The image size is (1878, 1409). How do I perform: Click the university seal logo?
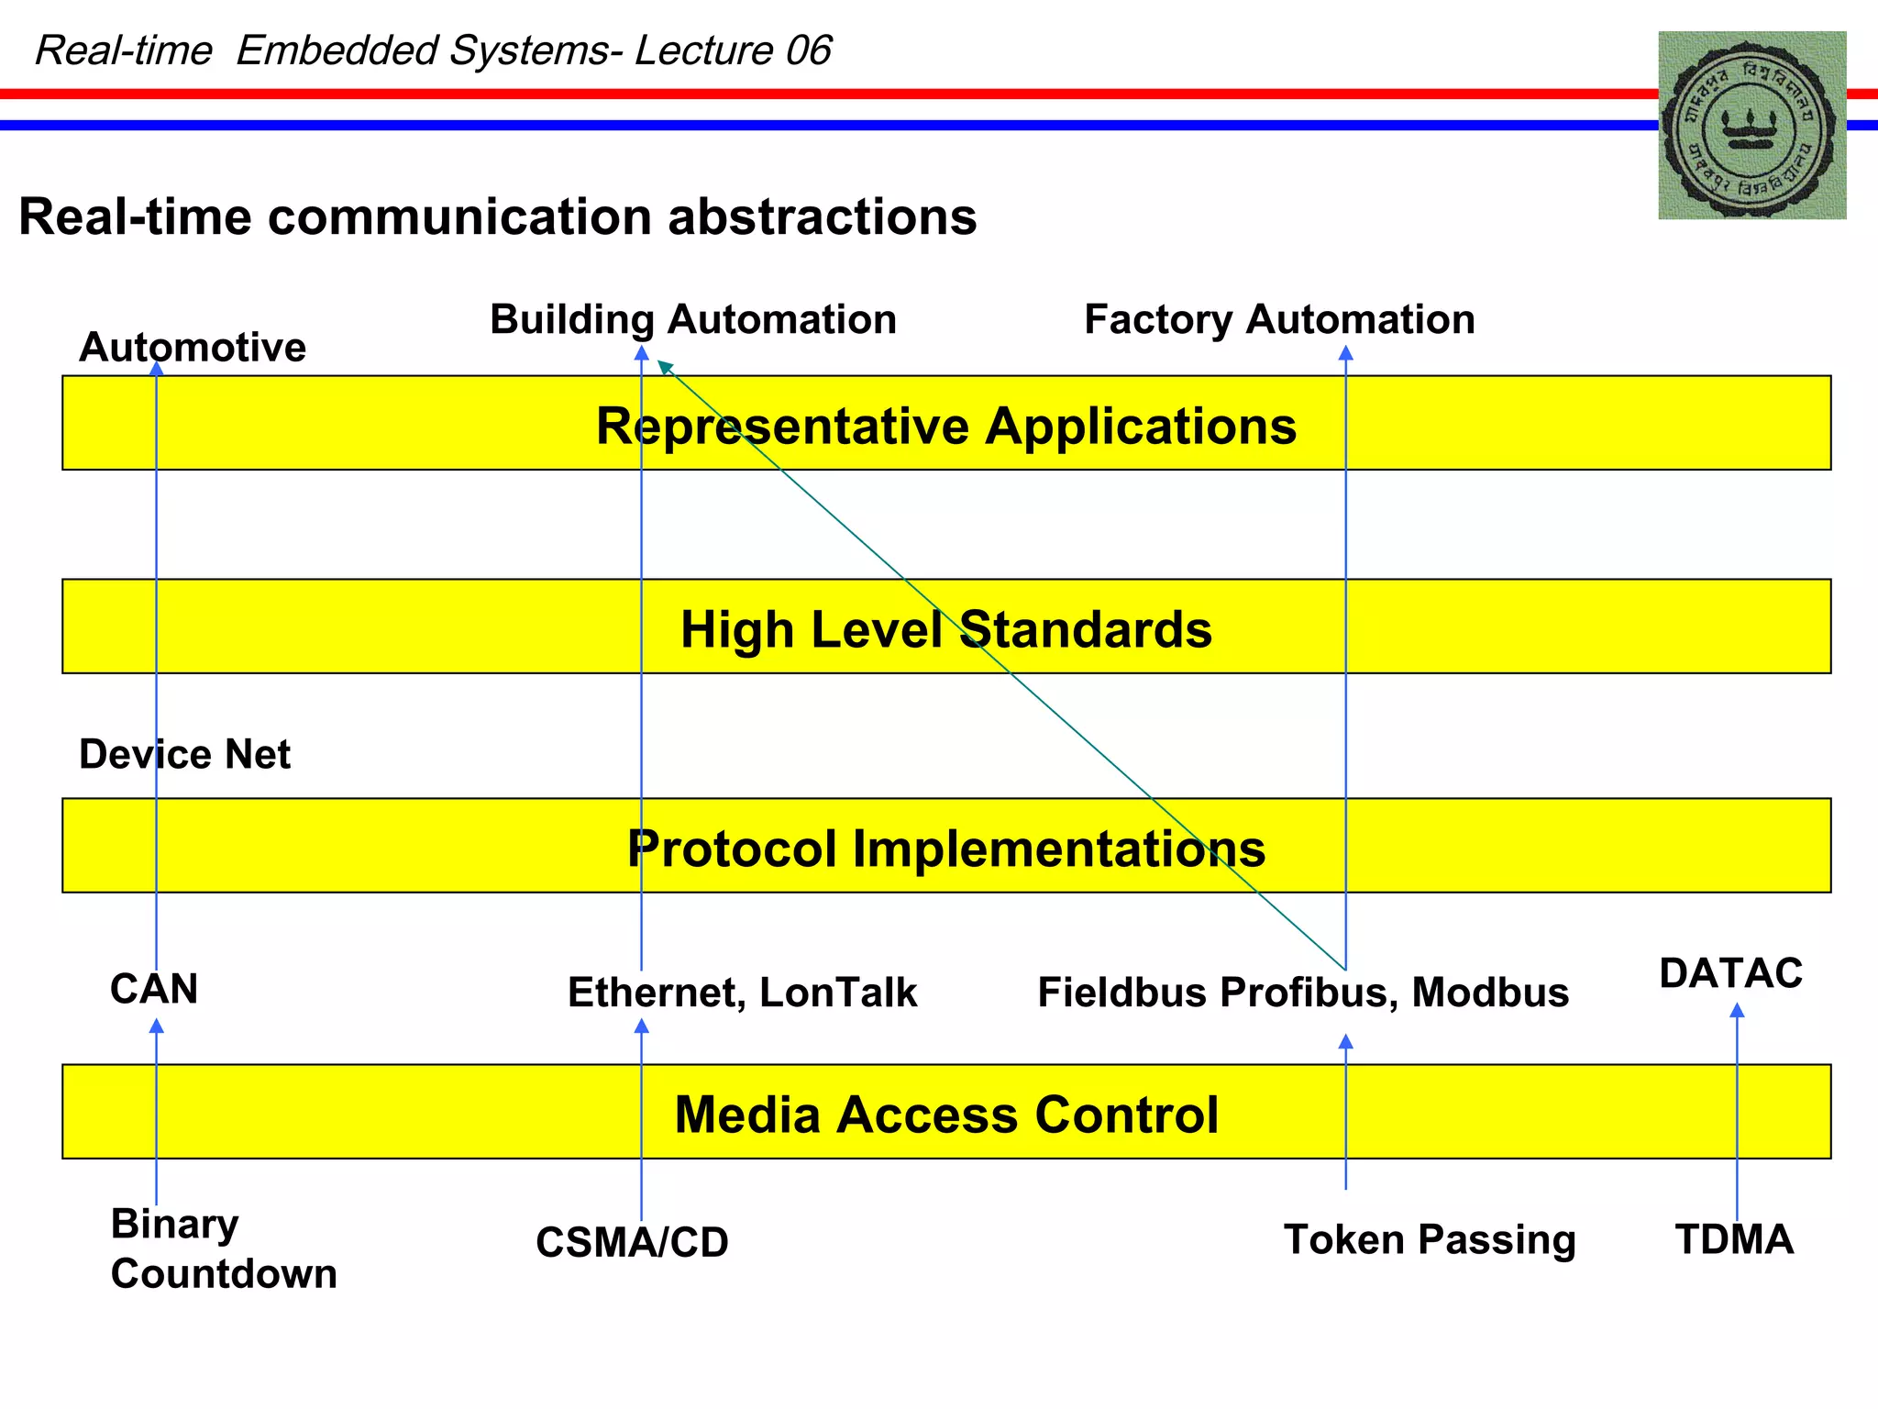point(1751,126)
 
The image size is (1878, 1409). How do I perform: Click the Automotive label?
point(193,348)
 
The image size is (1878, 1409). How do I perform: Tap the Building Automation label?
point(693,320)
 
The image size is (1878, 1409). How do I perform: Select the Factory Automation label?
point(1279,320)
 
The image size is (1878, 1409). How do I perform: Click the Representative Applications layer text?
point(946,427)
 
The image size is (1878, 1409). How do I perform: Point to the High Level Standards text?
point(946,630)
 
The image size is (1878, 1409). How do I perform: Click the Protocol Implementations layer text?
point(946,849)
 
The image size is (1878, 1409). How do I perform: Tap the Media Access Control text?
point(946,1115)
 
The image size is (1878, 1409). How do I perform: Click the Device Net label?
point(184,755)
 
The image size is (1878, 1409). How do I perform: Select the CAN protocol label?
point(154,990)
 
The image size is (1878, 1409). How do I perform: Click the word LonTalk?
point(838,993)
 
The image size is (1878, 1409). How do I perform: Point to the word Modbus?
point(1490,993)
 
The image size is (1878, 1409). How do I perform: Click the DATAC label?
point(1730,973)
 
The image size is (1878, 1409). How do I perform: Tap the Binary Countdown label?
point(224,1248)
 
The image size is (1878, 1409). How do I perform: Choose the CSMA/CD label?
point(632,1243)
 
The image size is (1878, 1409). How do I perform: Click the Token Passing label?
point(1430,1239)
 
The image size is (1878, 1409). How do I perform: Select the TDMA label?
point(1734,1239)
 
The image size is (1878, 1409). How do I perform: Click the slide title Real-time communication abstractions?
point(498,217)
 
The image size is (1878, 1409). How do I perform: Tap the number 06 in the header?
point(808,50)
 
